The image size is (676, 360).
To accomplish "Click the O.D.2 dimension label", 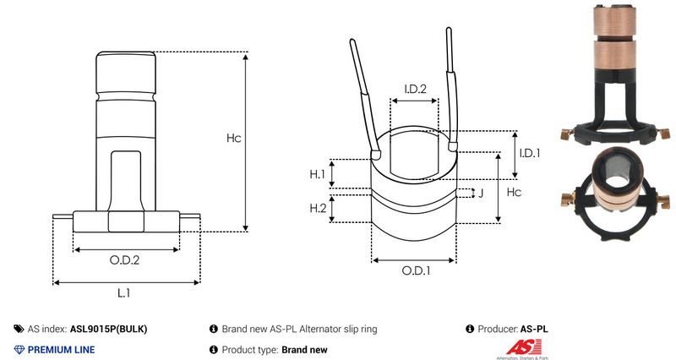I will pyautogui.click(x=125, y=260).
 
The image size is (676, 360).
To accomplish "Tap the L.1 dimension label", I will pyautogui.click(x=123, y=292).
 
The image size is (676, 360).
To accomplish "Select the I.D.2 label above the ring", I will pyautogui.click(x=414, y=89).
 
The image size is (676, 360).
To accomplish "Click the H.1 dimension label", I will pyautogui.click(x=317, y=174).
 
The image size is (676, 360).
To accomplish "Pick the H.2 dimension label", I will pyautogui.click(x=318, y=208).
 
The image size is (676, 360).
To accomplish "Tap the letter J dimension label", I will pyautogui.click(x=480, y=194).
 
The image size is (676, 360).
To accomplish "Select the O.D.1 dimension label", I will pyautogui.click(x=416, y=271).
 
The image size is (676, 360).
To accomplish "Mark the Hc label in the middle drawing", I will pyautogui.click(x=513, y=192).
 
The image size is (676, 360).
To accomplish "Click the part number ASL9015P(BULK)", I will pyautogui.click(x=113, y=329).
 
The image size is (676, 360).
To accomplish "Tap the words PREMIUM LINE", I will pyautogui.click(x=62, y=349).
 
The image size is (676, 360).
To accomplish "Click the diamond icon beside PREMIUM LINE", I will pyautogui.click(x=19, y=349).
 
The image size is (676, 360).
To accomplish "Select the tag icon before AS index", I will pyautogui.click(x=19, y=329).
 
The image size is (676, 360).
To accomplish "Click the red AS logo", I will pyautogui.click(x=518, y=346).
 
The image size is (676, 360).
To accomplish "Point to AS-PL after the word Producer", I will pyautogui.click(x=539, y=329).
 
